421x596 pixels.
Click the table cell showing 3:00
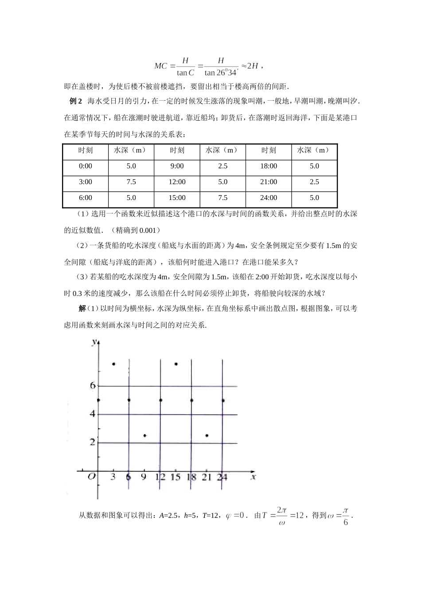[x=86, y=182]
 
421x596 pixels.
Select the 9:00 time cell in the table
[x=177, y=166]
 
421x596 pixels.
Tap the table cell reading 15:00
[x=177, y=198]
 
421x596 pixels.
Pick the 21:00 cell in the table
[x=269, y=182]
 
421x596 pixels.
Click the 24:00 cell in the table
[x=269, y=198]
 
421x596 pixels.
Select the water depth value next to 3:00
[x=131, y=182]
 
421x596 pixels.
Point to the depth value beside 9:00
[x=222, y=166]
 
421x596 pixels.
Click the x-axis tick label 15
[x=175, y=477]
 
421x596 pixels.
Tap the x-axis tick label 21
[x=207, y=477]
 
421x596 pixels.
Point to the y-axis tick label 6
[x=93, y=385]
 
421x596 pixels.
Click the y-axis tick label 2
[x=93, y=442]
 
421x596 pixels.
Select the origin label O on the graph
[x=91, y=477]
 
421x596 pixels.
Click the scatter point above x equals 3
[x=114, y=364]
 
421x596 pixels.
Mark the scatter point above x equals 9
[x=145, y=435]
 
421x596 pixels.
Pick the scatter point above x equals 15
[x=176, y=364]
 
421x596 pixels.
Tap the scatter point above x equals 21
[x=207, y=435]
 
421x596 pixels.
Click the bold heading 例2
[x=76, y=102]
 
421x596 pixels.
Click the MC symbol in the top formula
[x=160, y=66]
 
